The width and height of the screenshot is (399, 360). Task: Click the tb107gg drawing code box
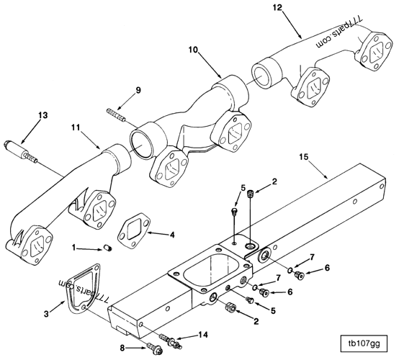pyautogui.click(x=364, y=343)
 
